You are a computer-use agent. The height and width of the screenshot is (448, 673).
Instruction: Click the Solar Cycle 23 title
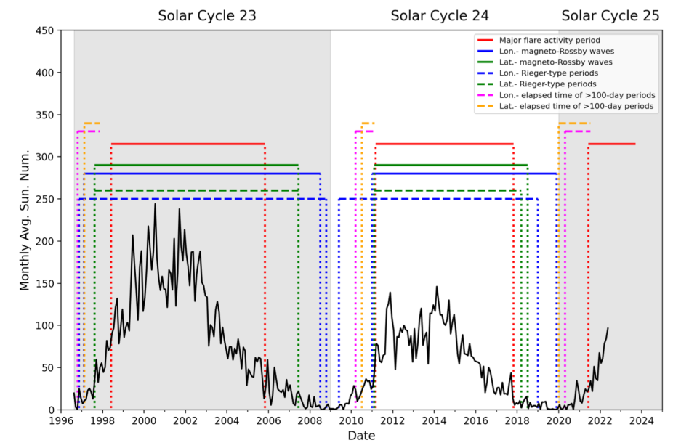click(x=207, y=15)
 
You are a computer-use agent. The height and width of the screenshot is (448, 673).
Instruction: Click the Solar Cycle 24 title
click(x=440, y=15)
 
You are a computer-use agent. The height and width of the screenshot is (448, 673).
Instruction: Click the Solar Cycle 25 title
click(x=610, y=15)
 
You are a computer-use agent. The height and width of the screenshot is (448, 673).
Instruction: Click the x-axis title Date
click(x=361, y=436)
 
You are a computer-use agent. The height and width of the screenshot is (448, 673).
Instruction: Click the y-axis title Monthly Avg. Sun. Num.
click(x=25, y=220)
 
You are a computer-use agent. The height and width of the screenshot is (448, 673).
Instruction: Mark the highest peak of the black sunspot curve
click(x=155, y=204)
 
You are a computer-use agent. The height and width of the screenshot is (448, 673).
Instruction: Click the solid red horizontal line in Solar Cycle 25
click(x=612, y=144)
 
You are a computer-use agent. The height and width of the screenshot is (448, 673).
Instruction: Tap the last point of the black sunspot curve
click(x=608, y=328)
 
